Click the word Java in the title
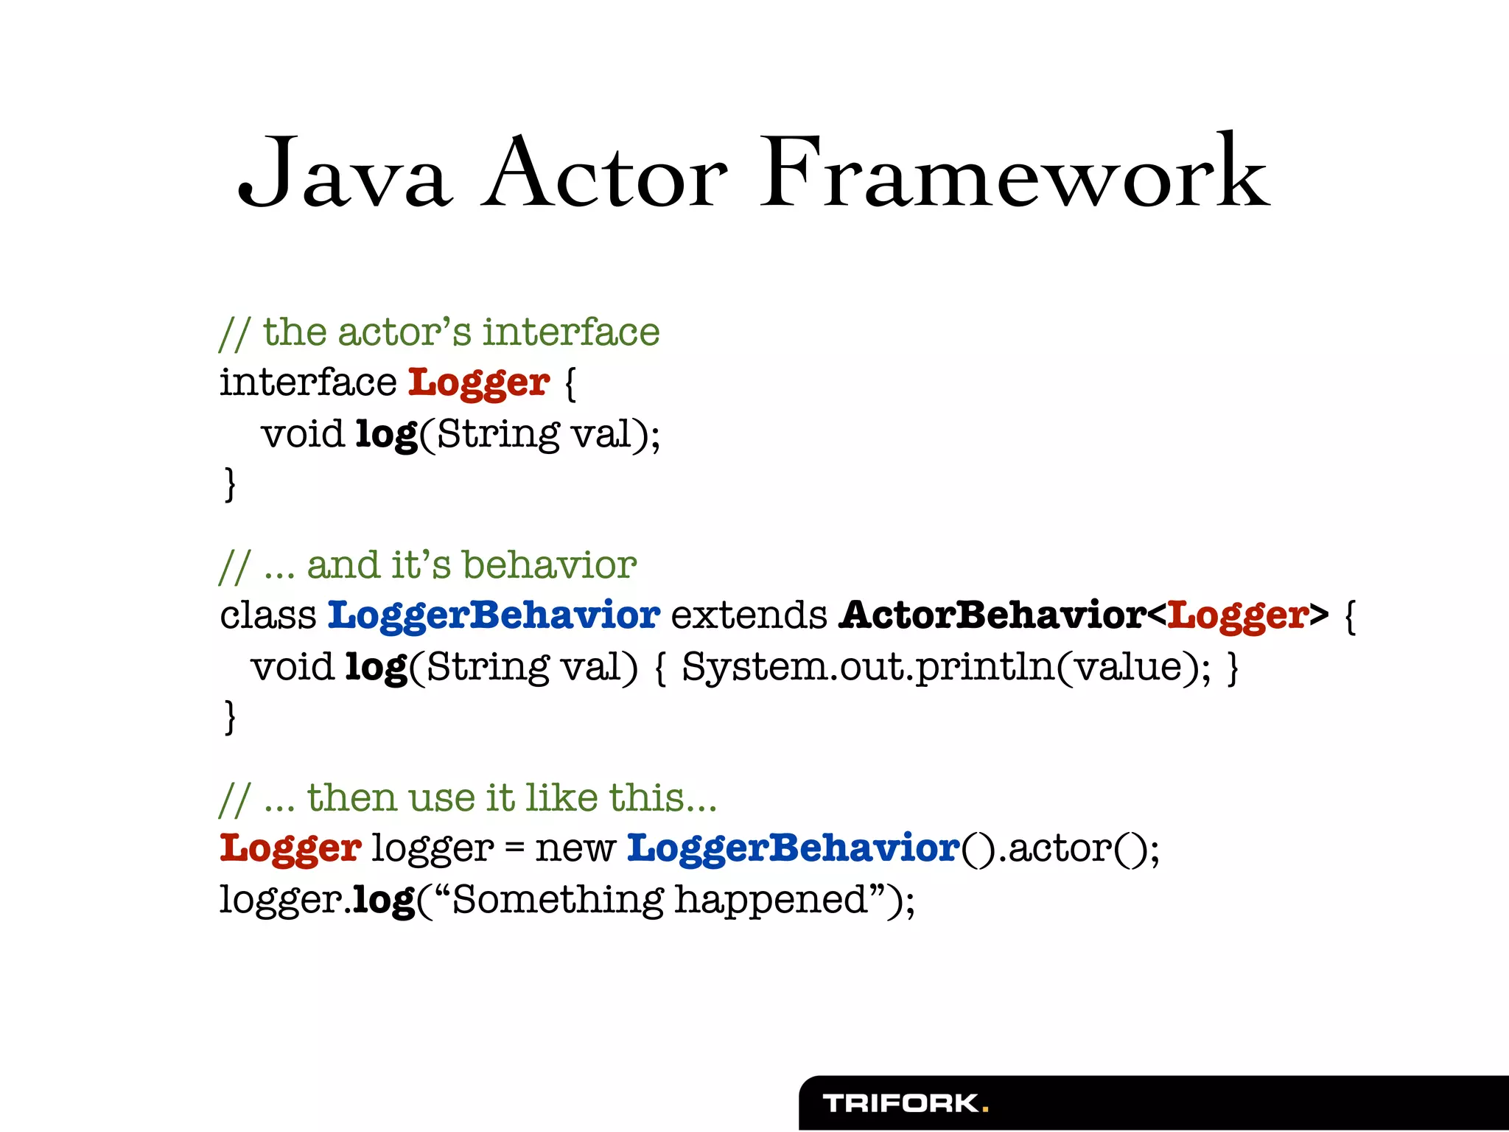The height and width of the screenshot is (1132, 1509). click(x=343, y=175)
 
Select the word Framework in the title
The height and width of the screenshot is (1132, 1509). click(x=1015, y=175)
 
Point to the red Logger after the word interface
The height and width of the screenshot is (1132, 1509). click(x=479, y=383)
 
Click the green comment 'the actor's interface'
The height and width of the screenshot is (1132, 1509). click(x=461, y=332)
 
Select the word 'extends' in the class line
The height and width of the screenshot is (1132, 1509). click(x=749, y=615)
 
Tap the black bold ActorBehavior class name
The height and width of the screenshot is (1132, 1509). click(x=992, y=615)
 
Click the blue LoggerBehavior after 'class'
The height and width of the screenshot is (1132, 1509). click(x=494, y=615)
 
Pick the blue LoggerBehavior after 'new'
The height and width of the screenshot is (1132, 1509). click(x=794, y=848)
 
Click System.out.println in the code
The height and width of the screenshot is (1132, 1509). click(x=868, y=667)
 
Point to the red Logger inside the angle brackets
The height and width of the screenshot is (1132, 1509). click(x=1239, y=615)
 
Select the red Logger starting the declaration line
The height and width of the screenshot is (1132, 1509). click(x=290, y=848)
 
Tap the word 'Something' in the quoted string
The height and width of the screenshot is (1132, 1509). click(x=558, y=900)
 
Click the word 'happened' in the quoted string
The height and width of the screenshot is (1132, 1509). click(x=771, y=900)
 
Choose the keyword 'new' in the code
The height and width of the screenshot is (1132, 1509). click(x=575, y=848)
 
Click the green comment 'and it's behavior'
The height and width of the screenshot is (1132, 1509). click(x=472, y=565)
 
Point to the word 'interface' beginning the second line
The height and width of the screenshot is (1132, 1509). click(x=308, y=383)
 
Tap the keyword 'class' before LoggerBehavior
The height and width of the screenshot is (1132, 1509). click(x=267, y=615)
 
